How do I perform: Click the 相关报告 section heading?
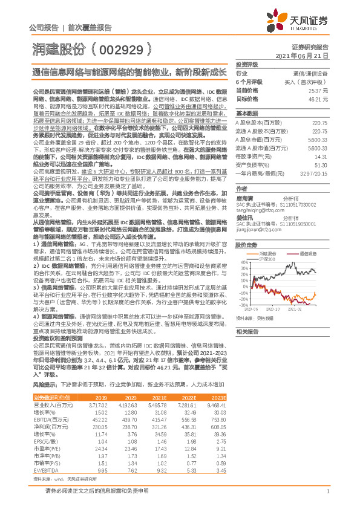point(247,332)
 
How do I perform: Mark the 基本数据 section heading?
point(247,114)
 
